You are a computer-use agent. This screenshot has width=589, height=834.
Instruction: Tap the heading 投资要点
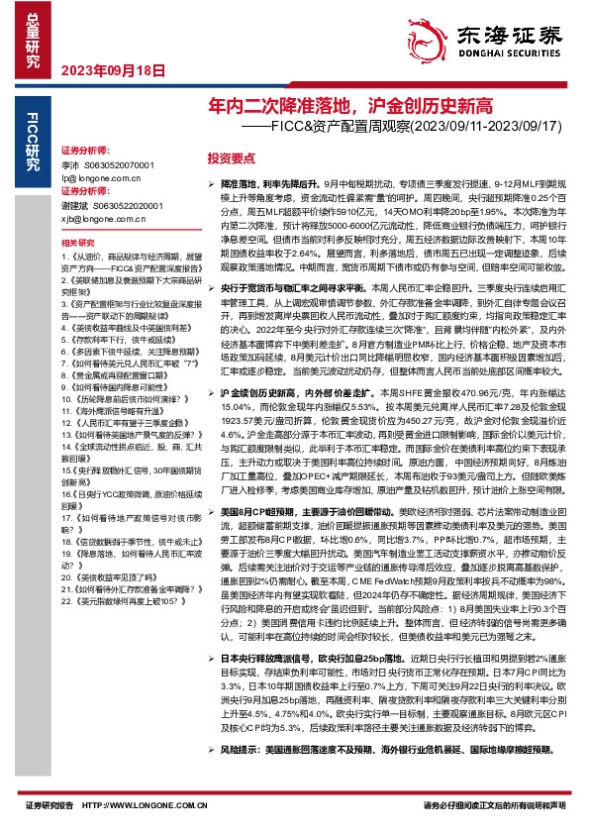pos(231,157)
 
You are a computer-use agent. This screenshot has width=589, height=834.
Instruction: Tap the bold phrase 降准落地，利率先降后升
pos(274,184)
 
